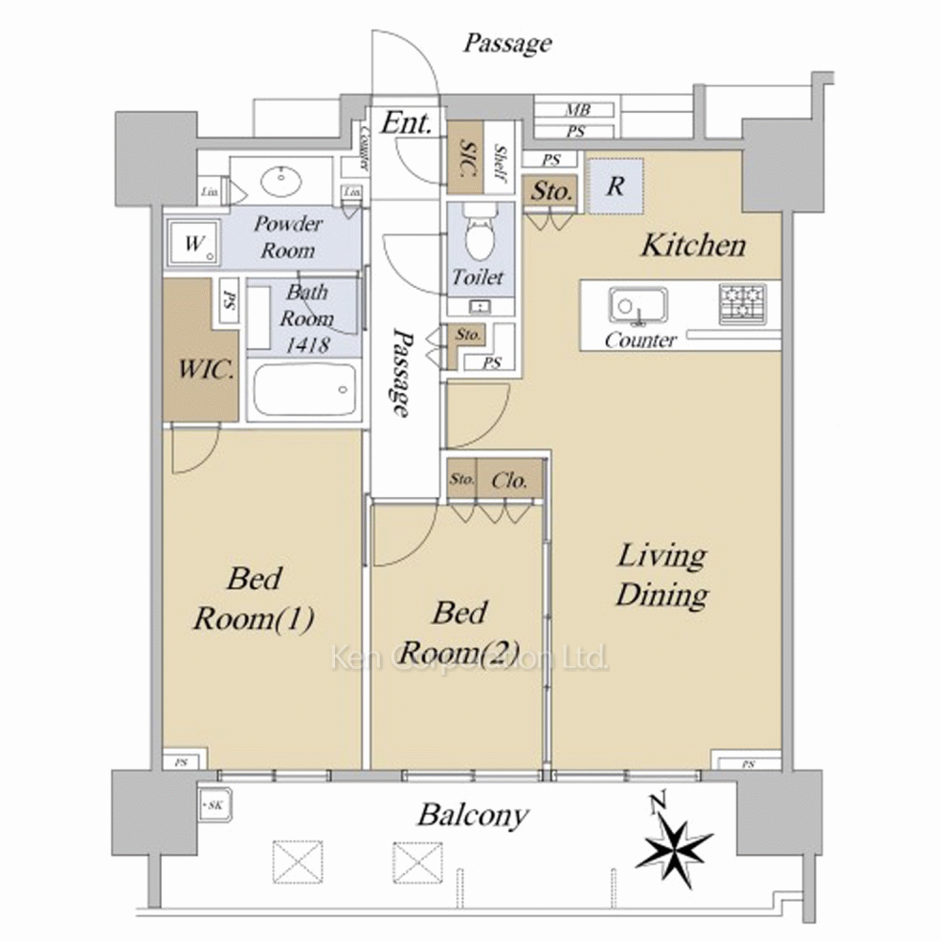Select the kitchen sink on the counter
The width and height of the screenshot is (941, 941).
pyautogui.click(x=638, y=304)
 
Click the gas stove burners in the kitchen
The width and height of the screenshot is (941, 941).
pyautogui.click(x=742, y=302)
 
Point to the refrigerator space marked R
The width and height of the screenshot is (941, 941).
pyautogui.click(x=614, y=185)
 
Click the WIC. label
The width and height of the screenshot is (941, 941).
pyautogui.click(x=207, y=369)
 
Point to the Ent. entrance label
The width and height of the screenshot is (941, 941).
pyautogui.click(x=406, y=121)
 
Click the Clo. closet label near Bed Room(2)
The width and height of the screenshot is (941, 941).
pyautogui.click(x=509, y=479)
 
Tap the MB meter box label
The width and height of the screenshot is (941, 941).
pyautogui.click(x=575, y=110)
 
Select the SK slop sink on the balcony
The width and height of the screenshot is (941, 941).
pyautogui.click(x=213, y=805)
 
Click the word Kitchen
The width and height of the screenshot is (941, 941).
pyautogui.click(x=693, y=247)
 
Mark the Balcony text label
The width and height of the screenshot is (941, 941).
pyautogui.click(x=472, y=815)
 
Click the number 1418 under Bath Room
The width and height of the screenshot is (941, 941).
pyautogui.click(x=305, y=344)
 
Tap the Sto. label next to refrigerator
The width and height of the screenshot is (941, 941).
pyautogui.click(x=551, y=191)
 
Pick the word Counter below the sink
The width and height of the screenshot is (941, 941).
pyautogui.click(x=640, y=340)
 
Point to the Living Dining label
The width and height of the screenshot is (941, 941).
pyautogui.click(x=662, y=575)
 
